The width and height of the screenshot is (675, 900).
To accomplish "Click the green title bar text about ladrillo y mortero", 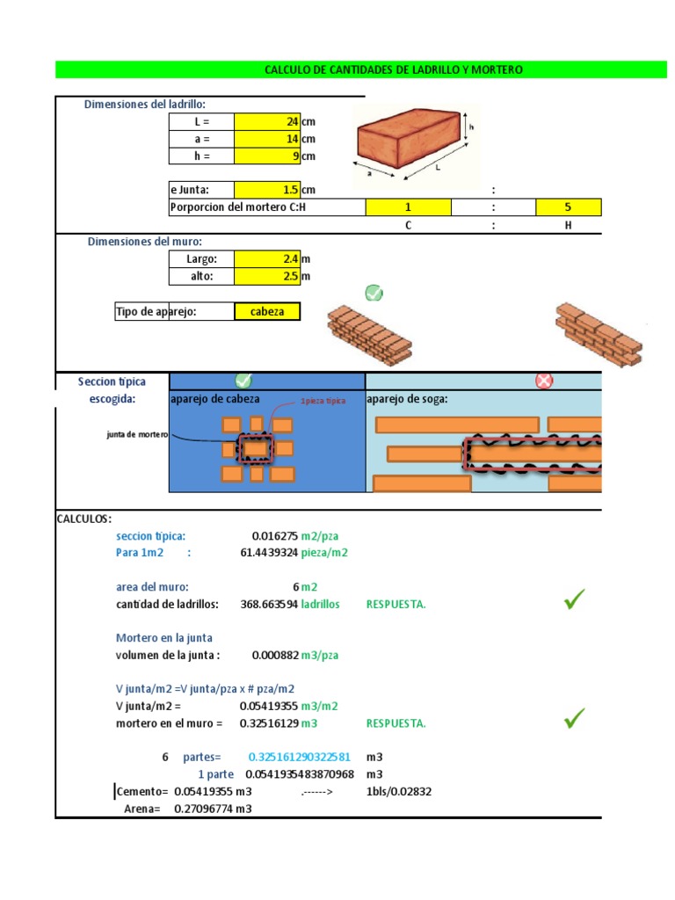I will [393, 69].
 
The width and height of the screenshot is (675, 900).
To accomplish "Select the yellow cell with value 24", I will [267, 121].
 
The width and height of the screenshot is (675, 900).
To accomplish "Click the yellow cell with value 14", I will [267, 139].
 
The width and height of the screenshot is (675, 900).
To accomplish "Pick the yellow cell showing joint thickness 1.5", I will [267, 190].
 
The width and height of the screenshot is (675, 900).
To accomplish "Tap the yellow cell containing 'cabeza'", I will [267, 312].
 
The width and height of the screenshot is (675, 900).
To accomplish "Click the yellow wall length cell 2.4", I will [267, 259].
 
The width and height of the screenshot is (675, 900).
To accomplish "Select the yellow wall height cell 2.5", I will [267, 277].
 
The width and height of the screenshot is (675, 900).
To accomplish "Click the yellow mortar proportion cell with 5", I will [568, 207].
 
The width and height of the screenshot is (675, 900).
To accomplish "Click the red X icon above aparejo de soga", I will [544, 381].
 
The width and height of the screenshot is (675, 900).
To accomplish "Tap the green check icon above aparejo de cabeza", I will [243, 381].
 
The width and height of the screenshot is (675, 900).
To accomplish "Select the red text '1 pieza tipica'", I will [323, 401].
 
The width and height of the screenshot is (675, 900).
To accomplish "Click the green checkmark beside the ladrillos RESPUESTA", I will [574, 601].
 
